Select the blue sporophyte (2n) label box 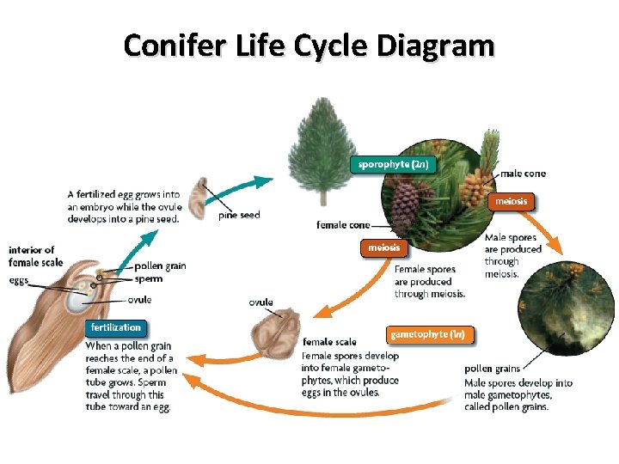point(393,164)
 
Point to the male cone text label point(523,174)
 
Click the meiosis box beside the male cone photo point(512,202)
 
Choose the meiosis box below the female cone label point(383,248)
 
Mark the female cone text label point(343,225)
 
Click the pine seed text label point(239,215)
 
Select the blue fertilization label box point(116,327)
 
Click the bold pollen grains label point(491,369)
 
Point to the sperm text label point(148,279)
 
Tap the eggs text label point(19,280)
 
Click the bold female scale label point(329,342)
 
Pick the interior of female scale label point(36,256)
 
